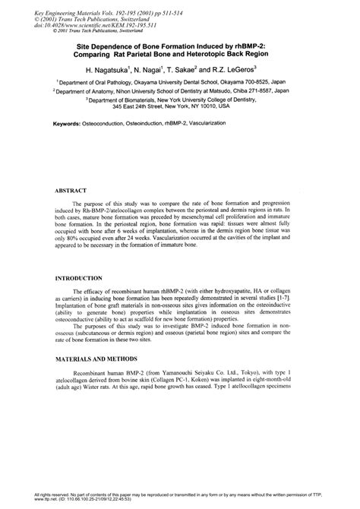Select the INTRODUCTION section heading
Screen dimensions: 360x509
82,280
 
